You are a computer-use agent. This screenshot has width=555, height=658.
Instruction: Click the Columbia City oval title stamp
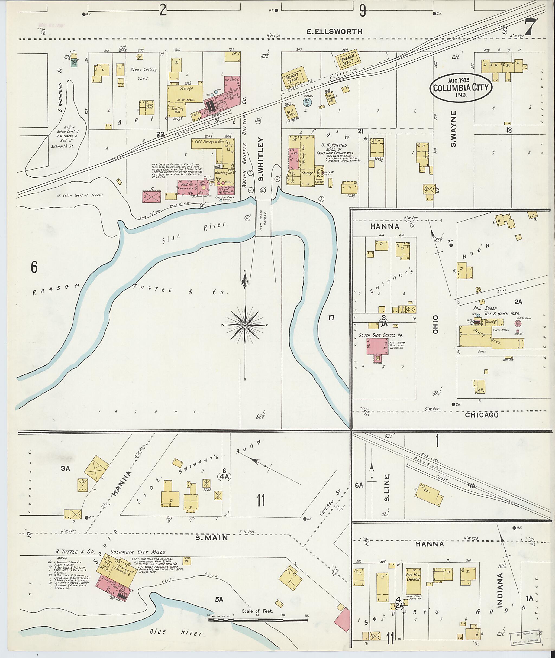pos(462,88)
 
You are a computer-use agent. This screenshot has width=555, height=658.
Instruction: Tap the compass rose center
pos(245,325)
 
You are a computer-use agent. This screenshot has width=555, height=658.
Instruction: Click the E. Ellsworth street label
pos(334,31)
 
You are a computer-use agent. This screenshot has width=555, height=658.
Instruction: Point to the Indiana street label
pos(500,590)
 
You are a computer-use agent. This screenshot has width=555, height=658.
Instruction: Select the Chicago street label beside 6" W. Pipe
pos(481,415)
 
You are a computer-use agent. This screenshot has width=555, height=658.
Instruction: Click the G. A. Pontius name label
pos(334,145)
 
